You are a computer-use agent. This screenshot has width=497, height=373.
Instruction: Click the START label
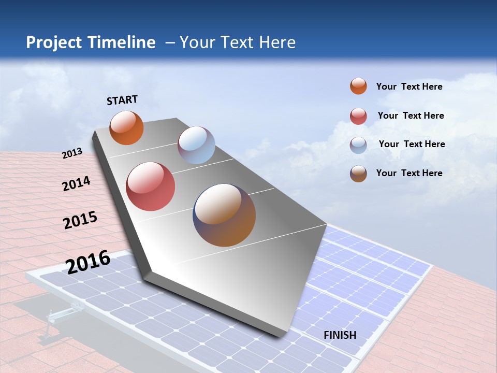(x=122, y=100)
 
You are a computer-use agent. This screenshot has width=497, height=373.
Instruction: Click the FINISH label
(x=340, y=335)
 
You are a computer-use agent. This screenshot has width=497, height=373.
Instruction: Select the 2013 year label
(x=72, y=153)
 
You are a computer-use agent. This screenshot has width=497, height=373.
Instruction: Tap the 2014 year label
(x=77, y=184)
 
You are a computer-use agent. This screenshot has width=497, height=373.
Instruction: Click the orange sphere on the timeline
(x=127, y=128)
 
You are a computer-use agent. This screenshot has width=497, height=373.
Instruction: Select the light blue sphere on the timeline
(x=196, y=145)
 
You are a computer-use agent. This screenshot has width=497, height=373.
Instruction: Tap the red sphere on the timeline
(x=151, y=187)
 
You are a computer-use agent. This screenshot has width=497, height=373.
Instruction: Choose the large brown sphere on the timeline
(x=224, y=215)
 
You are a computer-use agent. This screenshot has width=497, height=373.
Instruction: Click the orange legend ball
(x=358, y=87)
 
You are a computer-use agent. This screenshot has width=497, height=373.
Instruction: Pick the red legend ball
(x=358, y=116)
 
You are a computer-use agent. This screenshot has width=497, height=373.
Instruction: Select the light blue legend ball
(x=358, y=145)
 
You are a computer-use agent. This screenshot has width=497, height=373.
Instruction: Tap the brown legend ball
(x=358, y=174)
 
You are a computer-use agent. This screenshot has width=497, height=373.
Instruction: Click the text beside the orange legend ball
(x=409, y=87)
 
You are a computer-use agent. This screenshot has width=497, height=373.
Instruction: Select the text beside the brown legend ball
(x=409, y=173)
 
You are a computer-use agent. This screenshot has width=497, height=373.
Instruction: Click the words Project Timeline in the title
(x=91, y=42)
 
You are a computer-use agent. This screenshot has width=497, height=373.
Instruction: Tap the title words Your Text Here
(x=237, y=42)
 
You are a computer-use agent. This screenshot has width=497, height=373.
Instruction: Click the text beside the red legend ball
(x=411, y=116)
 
